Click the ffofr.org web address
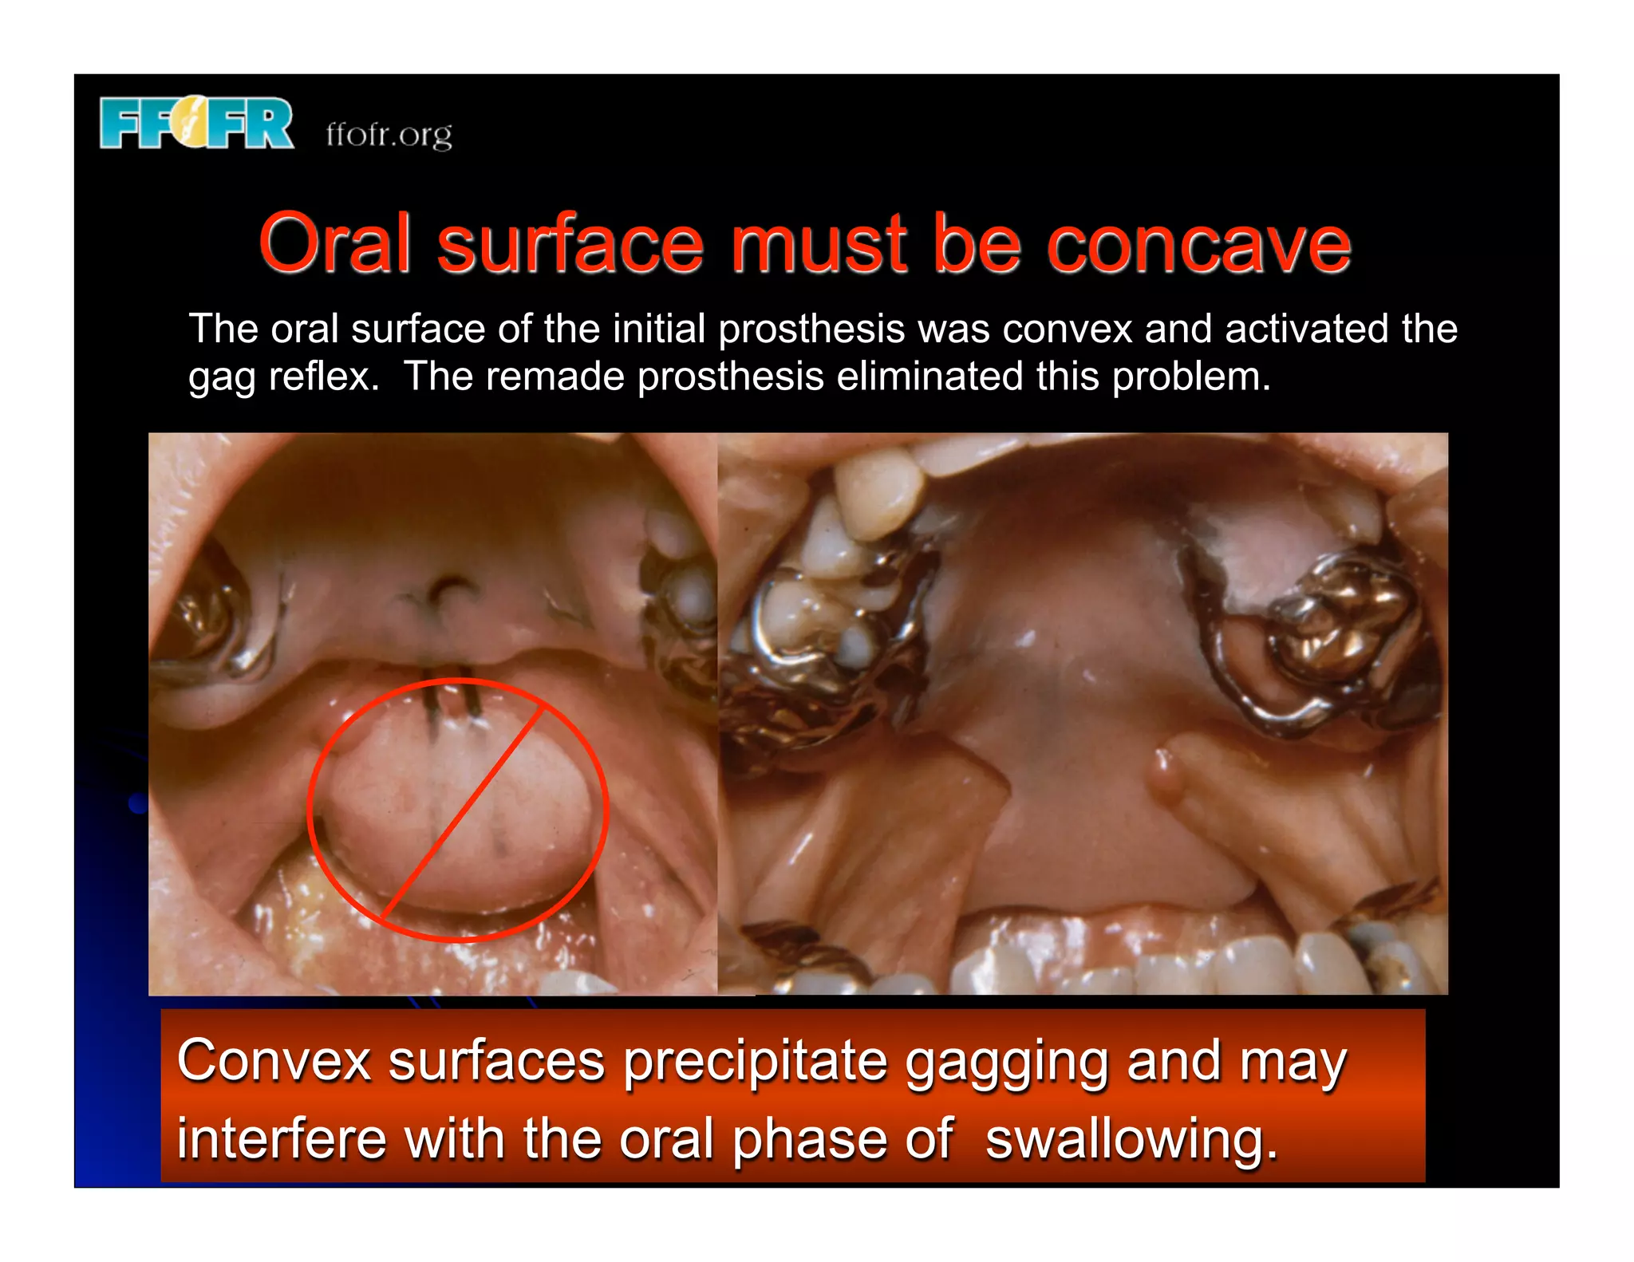coord(389,134)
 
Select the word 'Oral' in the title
coord(335,244)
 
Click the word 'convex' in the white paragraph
coord(1067,329)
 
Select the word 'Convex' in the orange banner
coord(274,1061)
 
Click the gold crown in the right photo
coord(1340,622)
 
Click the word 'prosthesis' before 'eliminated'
coord(730,377)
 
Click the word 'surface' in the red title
coord(570,244)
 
